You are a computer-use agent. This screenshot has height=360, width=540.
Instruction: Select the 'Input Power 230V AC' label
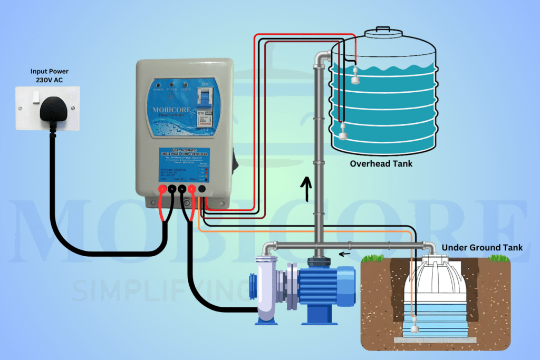(49, 75)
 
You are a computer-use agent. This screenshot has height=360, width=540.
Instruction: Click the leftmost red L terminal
(162, 188)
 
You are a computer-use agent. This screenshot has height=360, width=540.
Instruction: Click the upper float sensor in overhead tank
(356, 77)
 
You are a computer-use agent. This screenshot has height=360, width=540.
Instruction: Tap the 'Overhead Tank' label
(381, 164)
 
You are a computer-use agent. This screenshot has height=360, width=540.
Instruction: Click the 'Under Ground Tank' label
(482, 248)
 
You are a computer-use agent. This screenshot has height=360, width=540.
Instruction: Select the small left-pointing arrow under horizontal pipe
(344, 254)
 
